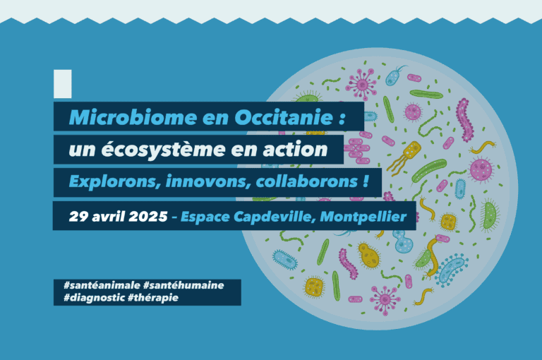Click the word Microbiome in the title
(133, 117)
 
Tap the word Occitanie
(284, 117)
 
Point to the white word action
(295, 150)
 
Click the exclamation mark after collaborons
(366, 181)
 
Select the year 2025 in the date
(148, 217)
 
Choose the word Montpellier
(363, 217)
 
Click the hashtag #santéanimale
(102, 285)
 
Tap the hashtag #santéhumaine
(183, 285)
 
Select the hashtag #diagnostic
(95, 297)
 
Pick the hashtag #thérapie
(153, 298)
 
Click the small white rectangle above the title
(63, 84)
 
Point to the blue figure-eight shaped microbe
(403, 241)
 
